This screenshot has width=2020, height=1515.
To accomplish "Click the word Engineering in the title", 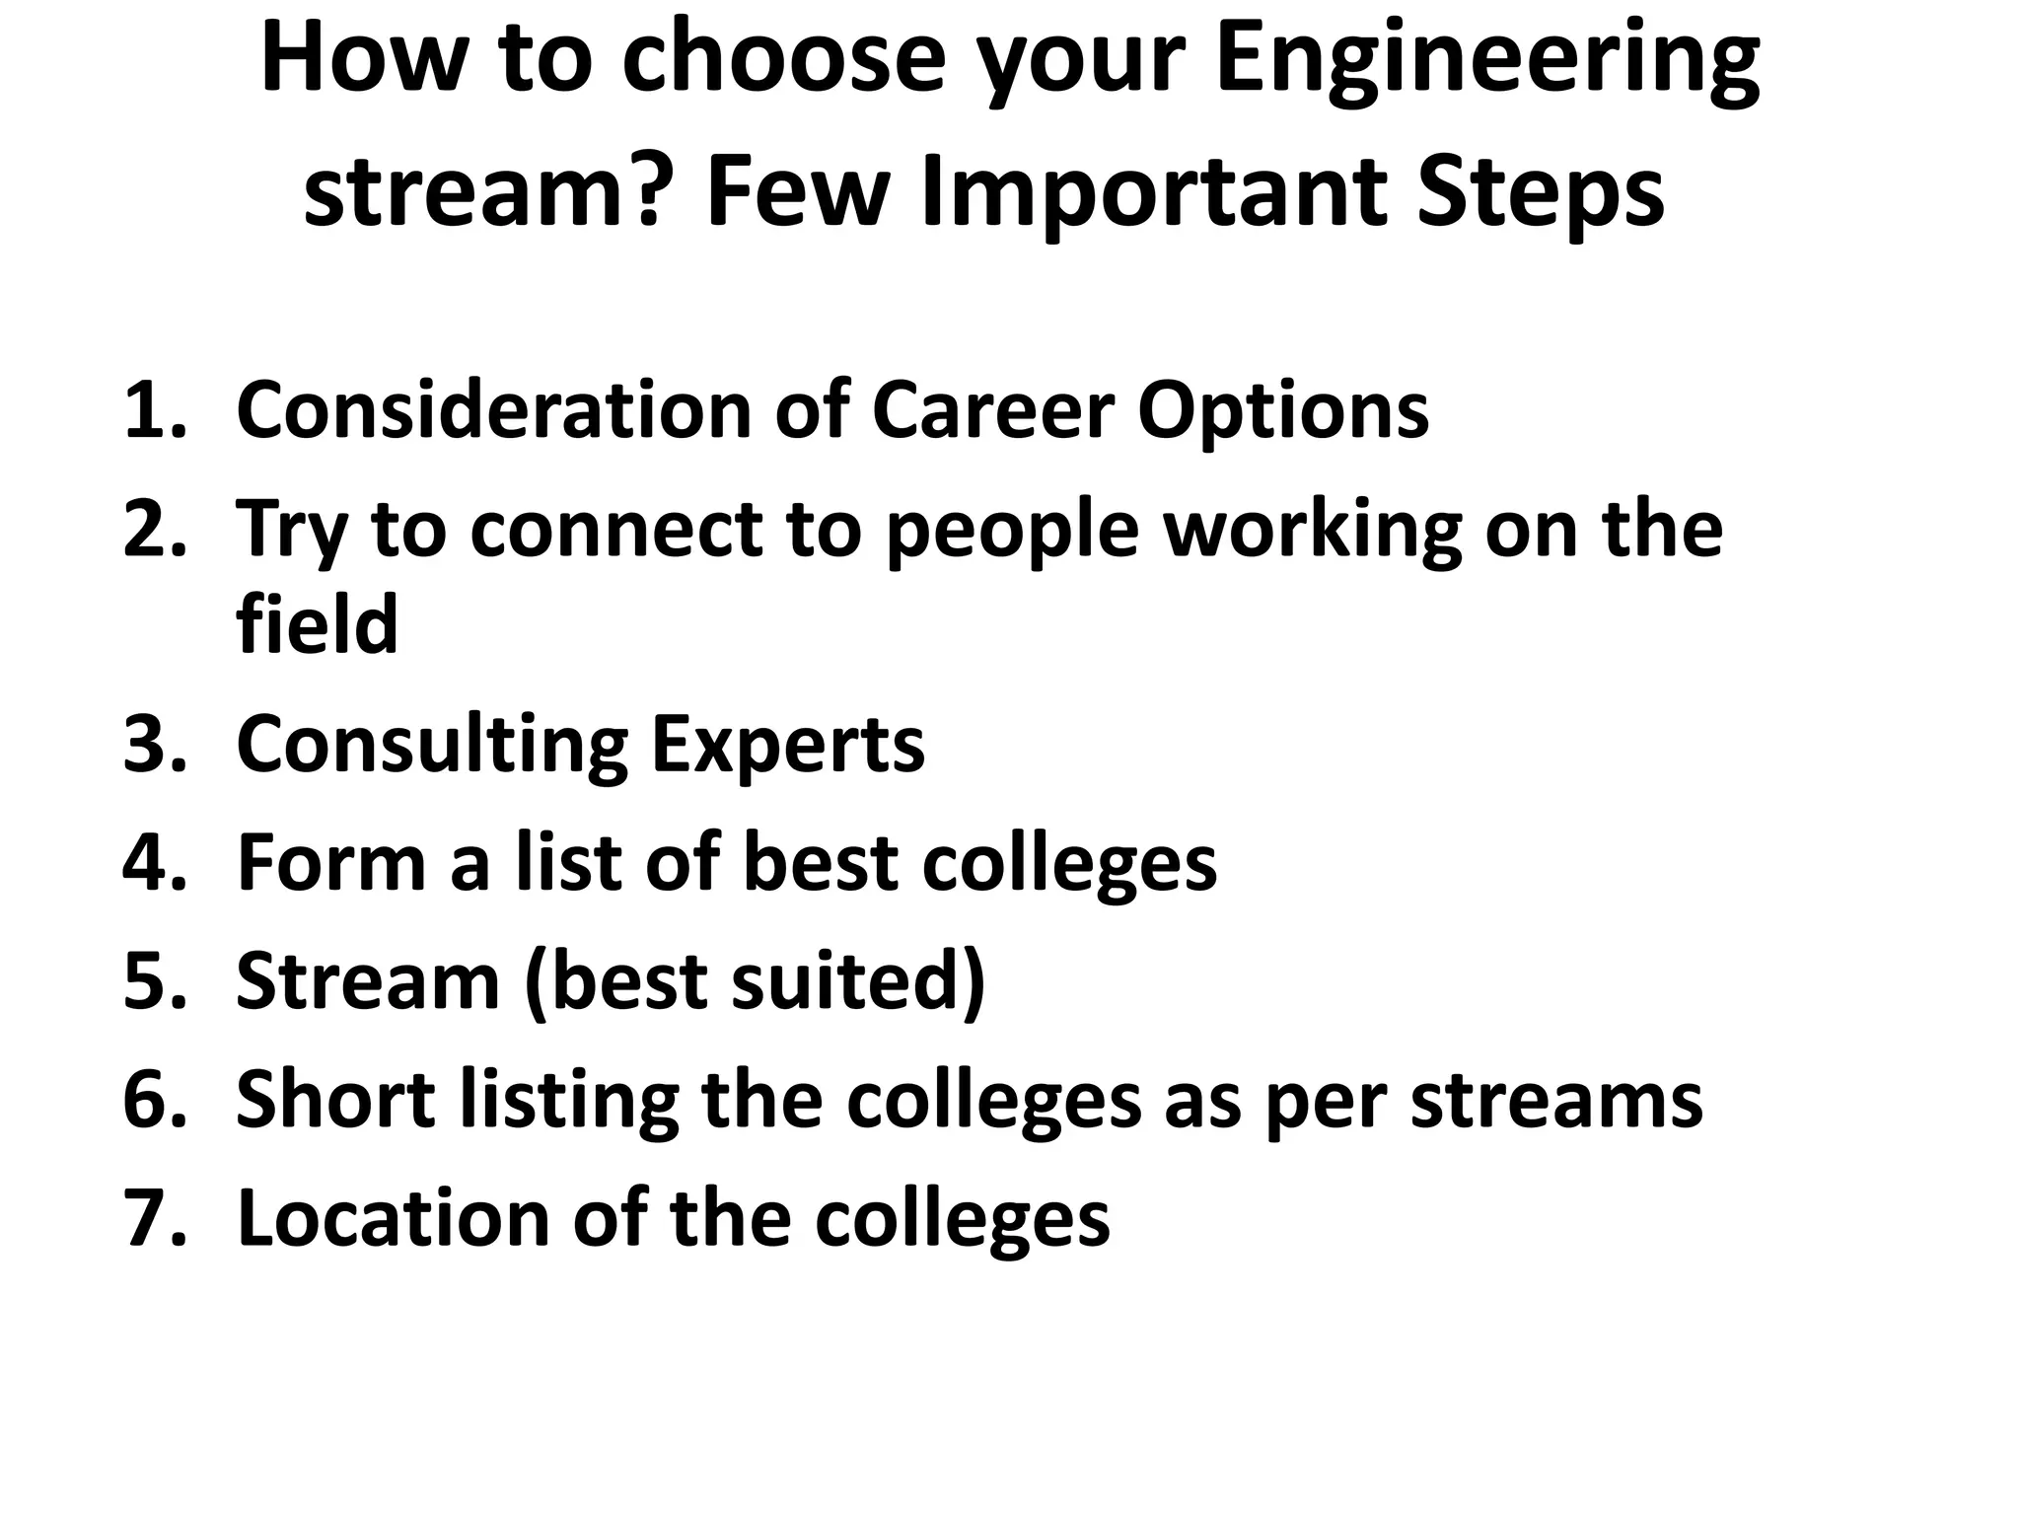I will click(x=1487, y=61).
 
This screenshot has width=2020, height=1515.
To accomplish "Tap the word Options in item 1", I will click(x=1282, y=412).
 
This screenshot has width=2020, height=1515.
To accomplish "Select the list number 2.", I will click(x=154, y=529).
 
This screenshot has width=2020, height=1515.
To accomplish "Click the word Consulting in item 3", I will click(x=432, y=746).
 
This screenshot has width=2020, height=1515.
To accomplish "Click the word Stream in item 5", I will click(x=368, y=982).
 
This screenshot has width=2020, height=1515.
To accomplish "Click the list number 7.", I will click(x=154, y=1218).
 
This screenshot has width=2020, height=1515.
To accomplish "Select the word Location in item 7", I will click(x=393, y=1218).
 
